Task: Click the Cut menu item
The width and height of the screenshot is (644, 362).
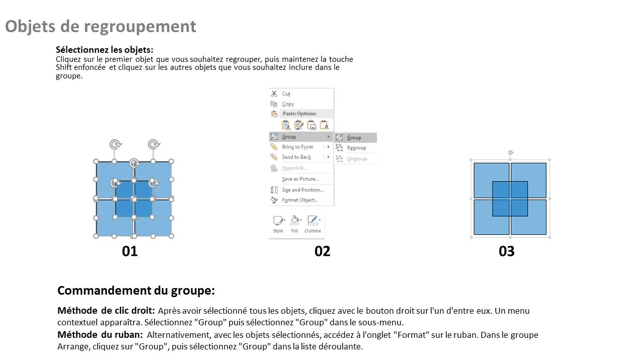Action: point(286,94)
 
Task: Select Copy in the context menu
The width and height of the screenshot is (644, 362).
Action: point(288,104)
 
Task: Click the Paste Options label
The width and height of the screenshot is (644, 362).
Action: point(299,114)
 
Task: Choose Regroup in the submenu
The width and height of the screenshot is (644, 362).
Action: point(356,148)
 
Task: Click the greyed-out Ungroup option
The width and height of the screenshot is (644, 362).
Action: point(357,158)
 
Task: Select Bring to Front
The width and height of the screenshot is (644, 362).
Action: point(297,147)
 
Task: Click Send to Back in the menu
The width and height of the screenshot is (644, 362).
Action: point(296,157)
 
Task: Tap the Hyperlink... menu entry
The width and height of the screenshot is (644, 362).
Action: point(295,168)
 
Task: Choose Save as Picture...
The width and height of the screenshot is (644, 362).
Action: point(300,178)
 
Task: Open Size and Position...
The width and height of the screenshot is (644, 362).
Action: point(302,190)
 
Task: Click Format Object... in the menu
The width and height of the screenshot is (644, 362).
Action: point(300,200)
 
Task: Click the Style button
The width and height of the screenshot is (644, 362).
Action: point(278,224)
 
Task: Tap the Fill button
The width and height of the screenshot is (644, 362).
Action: point(295,224)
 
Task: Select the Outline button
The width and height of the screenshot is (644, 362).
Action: point(313,224)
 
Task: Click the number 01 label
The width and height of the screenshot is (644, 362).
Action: point(130,251)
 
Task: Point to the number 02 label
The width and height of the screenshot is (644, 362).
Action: point(323,251)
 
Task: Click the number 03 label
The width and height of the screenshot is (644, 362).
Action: point(507,251)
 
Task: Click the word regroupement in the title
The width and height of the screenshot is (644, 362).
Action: point(140,27)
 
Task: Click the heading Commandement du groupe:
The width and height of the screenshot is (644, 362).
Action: point(136,291)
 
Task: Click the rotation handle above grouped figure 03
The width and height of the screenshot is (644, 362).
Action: point(511,152)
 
